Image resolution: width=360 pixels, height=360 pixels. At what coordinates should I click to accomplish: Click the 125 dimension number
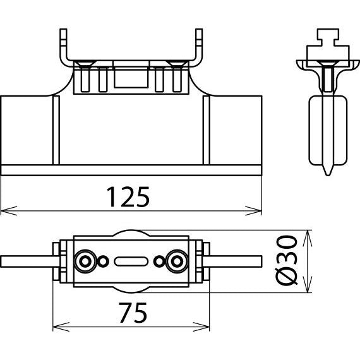[x=128, y=197]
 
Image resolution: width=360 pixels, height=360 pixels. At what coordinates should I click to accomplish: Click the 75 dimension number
[x=133, y=313]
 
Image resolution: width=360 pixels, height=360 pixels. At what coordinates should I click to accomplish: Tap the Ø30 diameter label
[x=286, y=261]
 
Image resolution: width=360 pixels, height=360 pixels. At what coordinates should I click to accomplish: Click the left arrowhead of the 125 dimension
[x=9, y=211]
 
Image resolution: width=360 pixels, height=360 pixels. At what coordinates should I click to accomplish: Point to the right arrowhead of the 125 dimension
[x=253, y=211]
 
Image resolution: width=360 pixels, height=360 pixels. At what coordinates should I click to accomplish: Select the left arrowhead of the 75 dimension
[x=61, y=327]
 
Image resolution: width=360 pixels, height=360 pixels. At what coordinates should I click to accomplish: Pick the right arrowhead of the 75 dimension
[x=201, y=327]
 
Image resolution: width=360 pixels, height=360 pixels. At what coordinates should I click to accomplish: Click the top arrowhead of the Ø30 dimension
[x=308, y=238]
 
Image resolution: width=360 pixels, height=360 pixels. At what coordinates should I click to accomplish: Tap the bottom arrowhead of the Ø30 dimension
[x=308, y=284]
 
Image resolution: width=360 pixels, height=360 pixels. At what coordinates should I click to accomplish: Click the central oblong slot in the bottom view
[x=131, y=261]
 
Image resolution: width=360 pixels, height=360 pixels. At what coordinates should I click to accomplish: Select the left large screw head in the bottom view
[x=85, y=261]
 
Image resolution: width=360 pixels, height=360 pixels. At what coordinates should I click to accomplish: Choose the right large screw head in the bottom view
[x=177, y=261]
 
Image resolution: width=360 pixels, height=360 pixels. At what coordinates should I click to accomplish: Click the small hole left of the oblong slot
[x=103, y=261]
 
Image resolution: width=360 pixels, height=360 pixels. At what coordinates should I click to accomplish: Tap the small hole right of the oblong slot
[x=159, y=261]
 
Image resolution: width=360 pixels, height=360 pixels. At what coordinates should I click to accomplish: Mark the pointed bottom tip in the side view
[x=328, y=175]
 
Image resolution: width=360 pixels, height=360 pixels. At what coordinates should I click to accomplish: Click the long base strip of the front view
[x=131, y=170]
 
